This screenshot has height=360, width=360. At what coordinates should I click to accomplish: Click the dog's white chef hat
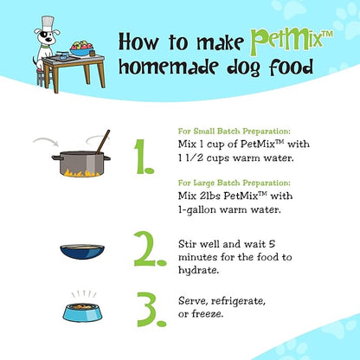point(48,22)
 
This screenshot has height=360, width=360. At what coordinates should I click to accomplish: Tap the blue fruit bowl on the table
point(82,50)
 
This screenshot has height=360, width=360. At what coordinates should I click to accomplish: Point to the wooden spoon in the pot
point(103,142)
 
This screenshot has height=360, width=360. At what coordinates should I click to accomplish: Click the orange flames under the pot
point(82,173)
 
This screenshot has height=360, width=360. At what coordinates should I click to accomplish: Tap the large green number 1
point(145,157)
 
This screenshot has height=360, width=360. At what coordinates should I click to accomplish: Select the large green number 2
point(150,248)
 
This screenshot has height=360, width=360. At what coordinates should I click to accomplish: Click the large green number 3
point(151,309)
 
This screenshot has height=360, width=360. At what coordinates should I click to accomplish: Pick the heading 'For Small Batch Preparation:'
point(235,132)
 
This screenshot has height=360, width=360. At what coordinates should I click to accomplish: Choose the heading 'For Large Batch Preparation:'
point(235,183)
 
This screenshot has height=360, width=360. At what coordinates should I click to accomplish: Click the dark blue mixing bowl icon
point(82,252)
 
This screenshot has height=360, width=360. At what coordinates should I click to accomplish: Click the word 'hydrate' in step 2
point(197,271)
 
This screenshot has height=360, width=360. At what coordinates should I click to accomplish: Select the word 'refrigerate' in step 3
point(238,301)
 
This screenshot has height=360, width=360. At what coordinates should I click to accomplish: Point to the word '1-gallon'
point(197,210)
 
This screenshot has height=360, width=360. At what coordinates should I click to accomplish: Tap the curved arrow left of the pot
point(45,140)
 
